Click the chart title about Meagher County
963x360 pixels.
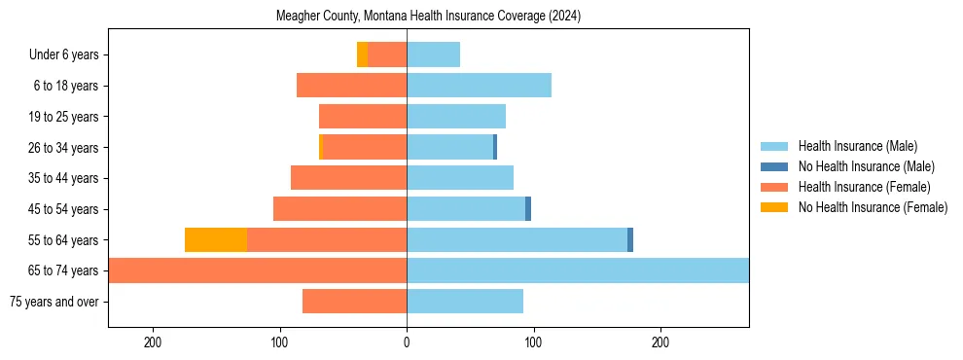click(429, 17)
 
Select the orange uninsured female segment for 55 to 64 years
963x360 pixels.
click(216, 239)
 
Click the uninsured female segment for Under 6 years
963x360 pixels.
click(363, 54)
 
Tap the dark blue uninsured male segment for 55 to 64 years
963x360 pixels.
click(630, 239)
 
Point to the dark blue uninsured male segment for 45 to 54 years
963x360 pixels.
click(528, 208)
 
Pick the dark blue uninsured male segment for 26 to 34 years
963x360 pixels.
click(495, 147)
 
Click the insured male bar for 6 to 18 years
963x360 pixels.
click(479, 86)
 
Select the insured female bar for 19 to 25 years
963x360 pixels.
click(363, 117)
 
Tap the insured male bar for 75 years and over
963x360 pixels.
click(465, 302)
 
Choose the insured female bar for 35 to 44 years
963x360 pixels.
click(348, 178)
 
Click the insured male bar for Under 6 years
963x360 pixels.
click(433, 54)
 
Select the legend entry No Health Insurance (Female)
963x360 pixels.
click(873, 207)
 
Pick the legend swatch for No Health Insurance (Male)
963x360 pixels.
click(774, 166)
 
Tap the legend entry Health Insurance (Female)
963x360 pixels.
click(864, 187)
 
